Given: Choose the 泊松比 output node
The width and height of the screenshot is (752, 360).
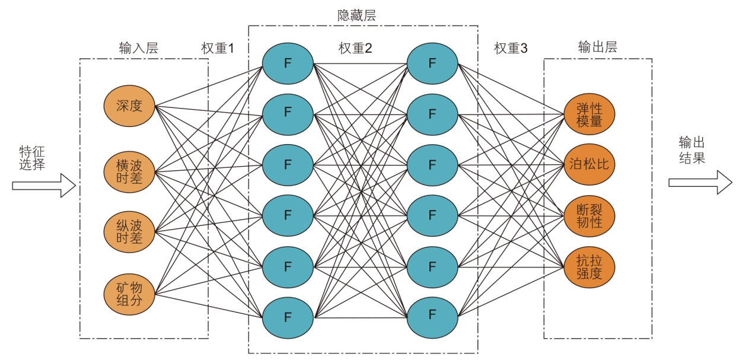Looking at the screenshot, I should pos(590,164).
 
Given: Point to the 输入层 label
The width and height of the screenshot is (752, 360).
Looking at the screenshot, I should pos(139,49).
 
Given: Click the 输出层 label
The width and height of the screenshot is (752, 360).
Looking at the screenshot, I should pos(597,47).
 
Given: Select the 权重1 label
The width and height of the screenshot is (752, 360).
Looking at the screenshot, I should pos(218,49).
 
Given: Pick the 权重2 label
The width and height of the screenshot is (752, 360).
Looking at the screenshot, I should pos(355,49).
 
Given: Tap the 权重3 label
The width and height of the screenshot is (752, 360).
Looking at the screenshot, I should pos(511,49).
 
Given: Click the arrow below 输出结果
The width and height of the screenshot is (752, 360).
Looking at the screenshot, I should pos(700,182).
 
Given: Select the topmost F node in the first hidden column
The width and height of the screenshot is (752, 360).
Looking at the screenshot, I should pos(288,63).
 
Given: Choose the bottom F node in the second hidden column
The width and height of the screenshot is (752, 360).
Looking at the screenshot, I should pos(432,314).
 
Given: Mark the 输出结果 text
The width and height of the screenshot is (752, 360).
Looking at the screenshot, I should pos(692,151).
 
